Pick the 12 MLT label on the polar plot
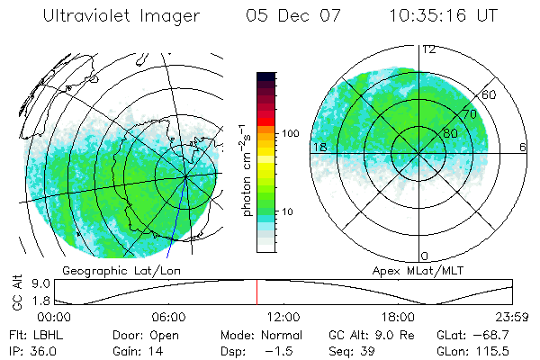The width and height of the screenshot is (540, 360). click(x=429, y=49)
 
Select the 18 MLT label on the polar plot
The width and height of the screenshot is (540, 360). click(x=319, y=147)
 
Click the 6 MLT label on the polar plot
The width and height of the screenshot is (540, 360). click(x=523, y=147)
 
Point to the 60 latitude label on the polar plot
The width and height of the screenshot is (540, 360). click(x=490, y=94)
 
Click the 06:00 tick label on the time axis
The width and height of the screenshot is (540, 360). click(x=168, y=317)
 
